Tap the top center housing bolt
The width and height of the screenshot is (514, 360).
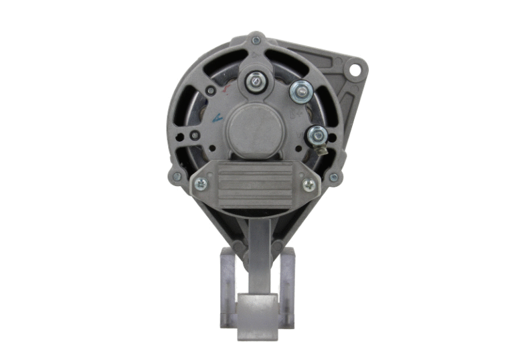tap(256, 40)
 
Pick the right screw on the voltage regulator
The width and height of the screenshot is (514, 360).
tap(309, 184)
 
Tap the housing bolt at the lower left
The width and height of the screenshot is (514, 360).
tap(177, 177)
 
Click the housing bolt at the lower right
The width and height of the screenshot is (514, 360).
tap(333, 177)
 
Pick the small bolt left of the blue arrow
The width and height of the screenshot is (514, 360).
tap(195, 136)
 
